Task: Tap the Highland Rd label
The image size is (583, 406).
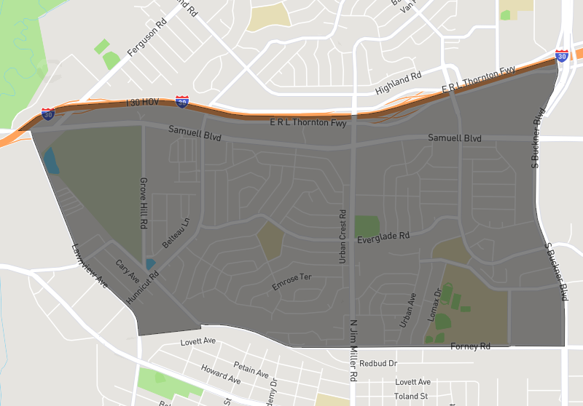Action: [x=399, y=82]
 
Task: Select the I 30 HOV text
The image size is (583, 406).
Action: [x=141, y=103]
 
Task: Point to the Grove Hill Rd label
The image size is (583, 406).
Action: [x=144, y=203]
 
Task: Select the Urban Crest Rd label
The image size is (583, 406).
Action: [x=342, y=236]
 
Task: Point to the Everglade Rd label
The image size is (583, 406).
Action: [x=384, y=236]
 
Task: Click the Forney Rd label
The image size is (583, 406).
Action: [x=470, y=346]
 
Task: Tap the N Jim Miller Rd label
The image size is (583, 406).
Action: [x=353, y=351]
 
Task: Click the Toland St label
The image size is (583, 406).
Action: [x=411, y=397]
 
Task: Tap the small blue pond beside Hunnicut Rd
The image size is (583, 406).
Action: [x=151, y=263]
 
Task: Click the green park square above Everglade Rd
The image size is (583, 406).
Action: [x=367, y=226]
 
